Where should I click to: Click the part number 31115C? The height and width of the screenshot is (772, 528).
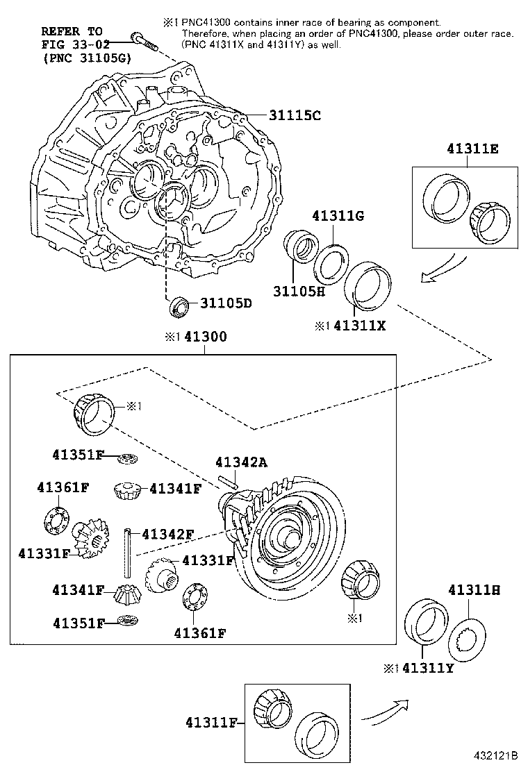[x=286, y=115]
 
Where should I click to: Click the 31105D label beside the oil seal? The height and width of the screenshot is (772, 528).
[x=226, y=303]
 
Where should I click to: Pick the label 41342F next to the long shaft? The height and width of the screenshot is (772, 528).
[x=167, y=534]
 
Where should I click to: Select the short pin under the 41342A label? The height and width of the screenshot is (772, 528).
[x=228, y=480]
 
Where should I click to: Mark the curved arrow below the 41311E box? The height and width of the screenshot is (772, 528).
[x=440, y=269]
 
